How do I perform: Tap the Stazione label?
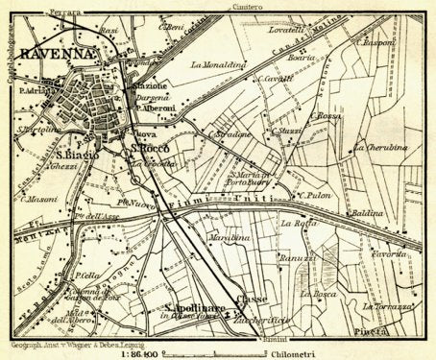click(x=149, y=86)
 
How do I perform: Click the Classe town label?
click(x=254, y=299)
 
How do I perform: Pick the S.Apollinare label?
click(x=195, y=307)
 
